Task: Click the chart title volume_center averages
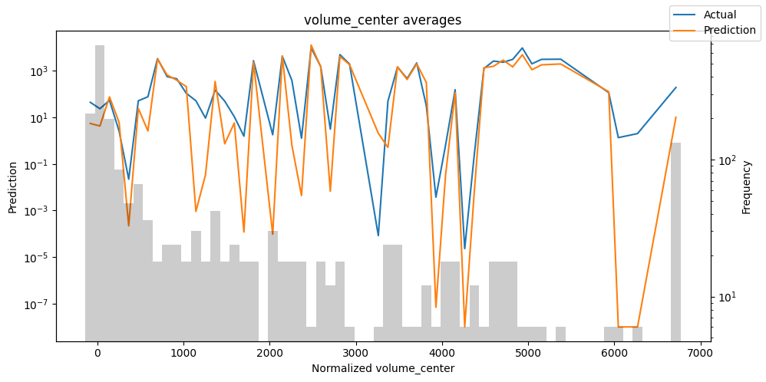(x=382, y=20)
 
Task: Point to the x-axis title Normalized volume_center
(x=382, y=369)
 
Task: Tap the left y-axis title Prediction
(x=12, y=186)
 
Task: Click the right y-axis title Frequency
(x=746, y=186)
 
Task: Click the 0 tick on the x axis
(x=97, y=354)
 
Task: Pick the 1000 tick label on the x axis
(x=183, y=354)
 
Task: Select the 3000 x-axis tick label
(x=356, y=354)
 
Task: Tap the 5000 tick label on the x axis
(x=528, y=354)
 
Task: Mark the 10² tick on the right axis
(x=725, y=160)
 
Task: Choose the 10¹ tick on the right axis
(x=725, y=297)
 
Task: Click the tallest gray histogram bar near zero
(x=100, y=192)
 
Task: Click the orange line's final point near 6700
(x=675, y=117)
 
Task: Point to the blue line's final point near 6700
(x=675, y=87)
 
